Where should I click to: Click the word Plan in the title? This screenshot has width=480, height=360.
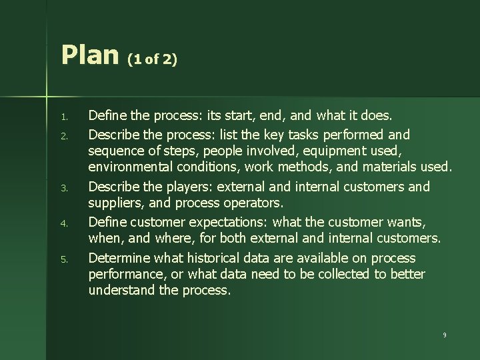tap(89, 55)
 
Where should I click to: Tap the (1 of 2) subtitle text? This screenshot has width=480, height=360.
tap(153, 60)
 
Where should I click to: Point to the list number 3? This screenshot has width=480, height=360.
tap(64, 189)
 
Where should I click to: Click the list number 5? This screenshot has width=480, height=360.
tap(64, 259)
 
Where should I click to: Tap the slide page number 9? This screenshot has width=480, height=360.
tap(444, 335)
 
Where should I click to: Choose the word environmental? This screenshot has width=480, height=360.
tap(131, 166)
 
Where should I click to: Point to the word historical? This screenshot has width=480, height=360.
tap(214, 258)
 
